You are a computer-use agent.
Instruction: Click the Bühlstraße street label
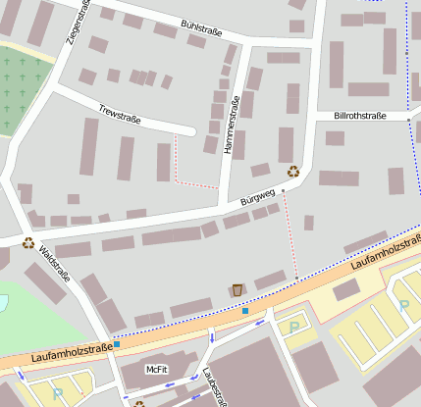click(201, 27)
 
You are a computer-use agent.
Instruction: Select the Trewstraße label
click(120, 114)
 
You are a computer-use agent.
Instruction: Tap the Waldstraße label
click(54, 263)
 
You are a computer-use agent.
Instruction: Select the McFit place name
click(156, 370)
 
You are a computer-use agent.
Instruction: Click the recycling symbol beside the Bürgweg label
click(292, 172)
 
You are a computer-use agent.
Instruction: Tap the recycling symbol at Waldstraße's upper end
click(28, 243)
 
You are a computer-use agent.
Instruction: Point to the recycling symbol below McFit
click(139, 403)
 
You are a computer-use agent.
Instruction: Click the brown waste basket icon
click(237, 289)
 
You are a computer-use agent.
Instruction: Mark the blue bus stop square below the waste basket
click(245, 311)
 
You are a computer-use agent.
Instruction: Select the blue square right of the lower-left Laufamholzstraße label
click(117, 344)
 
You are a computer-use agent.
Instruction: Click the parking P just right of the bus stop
click(293, 327)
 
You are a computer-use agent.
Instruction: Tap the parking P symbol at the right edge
click(404, 305)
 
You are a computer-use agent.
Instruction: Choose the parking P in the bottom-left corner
click(57, 393)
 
